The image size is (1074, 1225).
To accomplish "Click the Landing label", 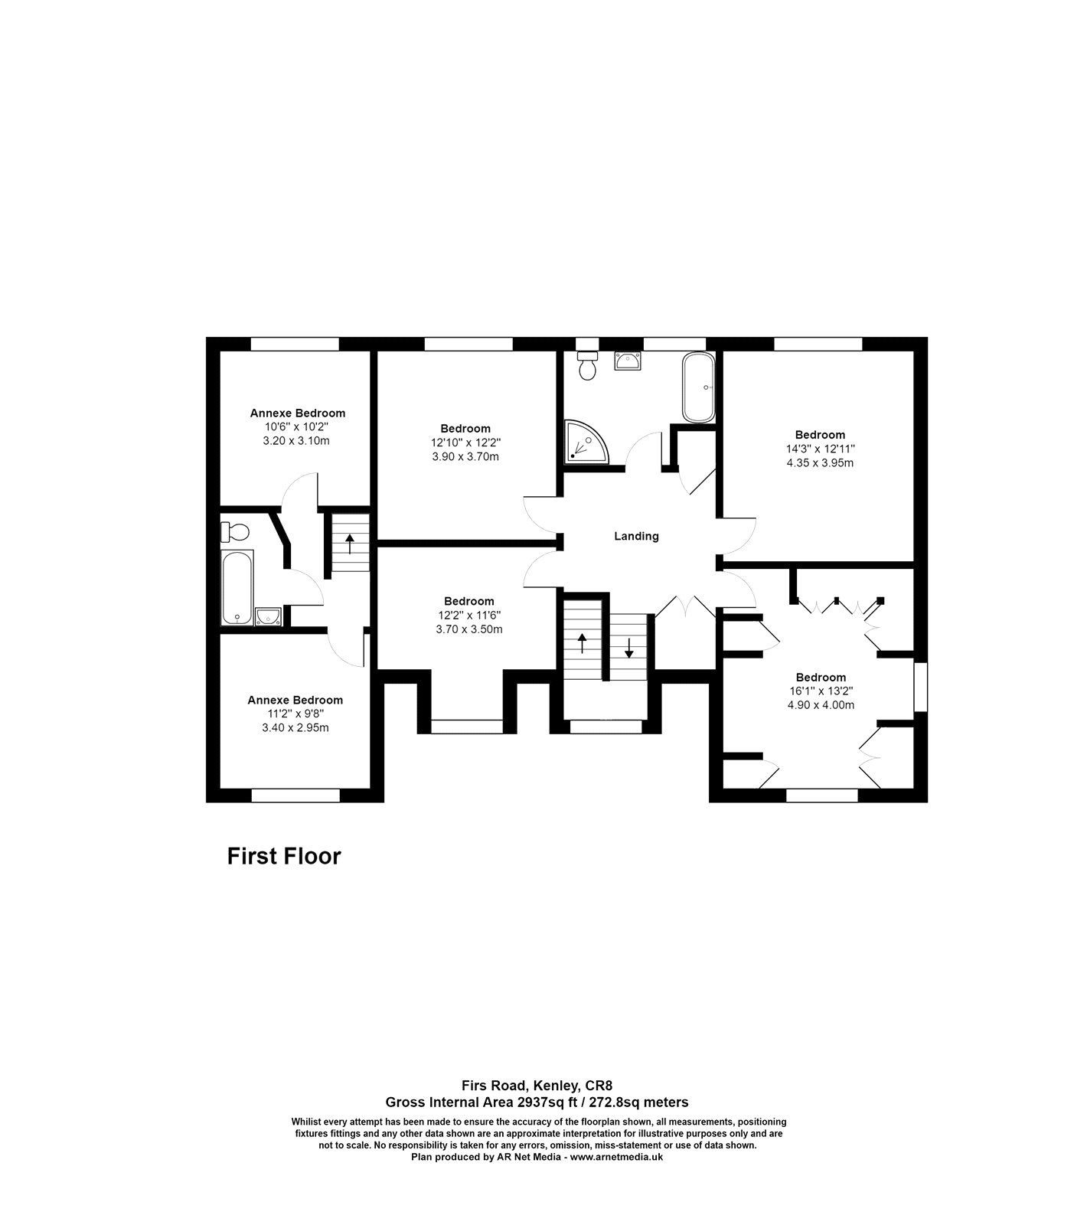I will pos(636,537).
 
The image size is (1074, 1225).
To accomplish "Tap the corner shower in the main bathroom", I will pos(584,443).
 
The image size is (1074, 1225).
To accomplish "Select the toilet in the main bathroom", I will pos(588,367).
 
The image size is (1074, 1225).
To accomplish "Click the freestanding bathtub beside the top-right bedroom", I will pos(698,387).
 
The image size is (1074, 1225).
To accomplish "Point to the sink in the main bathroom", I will pos(628,361).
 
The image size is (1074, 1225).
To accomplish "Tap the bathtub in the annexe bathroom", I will pos(237,586).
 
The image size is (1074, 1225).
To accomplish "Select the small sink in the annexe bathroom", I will pos(268,616).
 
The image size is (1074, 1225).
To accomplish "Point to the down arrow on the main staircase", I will pos(629,648).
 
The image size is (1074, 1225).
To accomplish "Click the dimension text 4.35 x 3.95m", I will pos(820,463).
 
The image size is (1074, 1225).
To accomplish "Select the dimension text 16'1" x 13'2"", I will pos(820,691).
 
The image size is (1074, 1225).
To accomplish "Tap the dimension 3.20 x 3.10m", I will pos(296,441).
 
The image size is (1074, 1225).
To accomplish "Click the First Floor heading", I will pos(283,856).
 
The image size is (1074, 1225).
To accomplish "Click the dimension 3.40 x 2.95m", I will pos(295,727).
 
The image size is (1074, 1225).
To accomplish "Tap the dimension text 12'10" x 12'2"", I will pos(465,443).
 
